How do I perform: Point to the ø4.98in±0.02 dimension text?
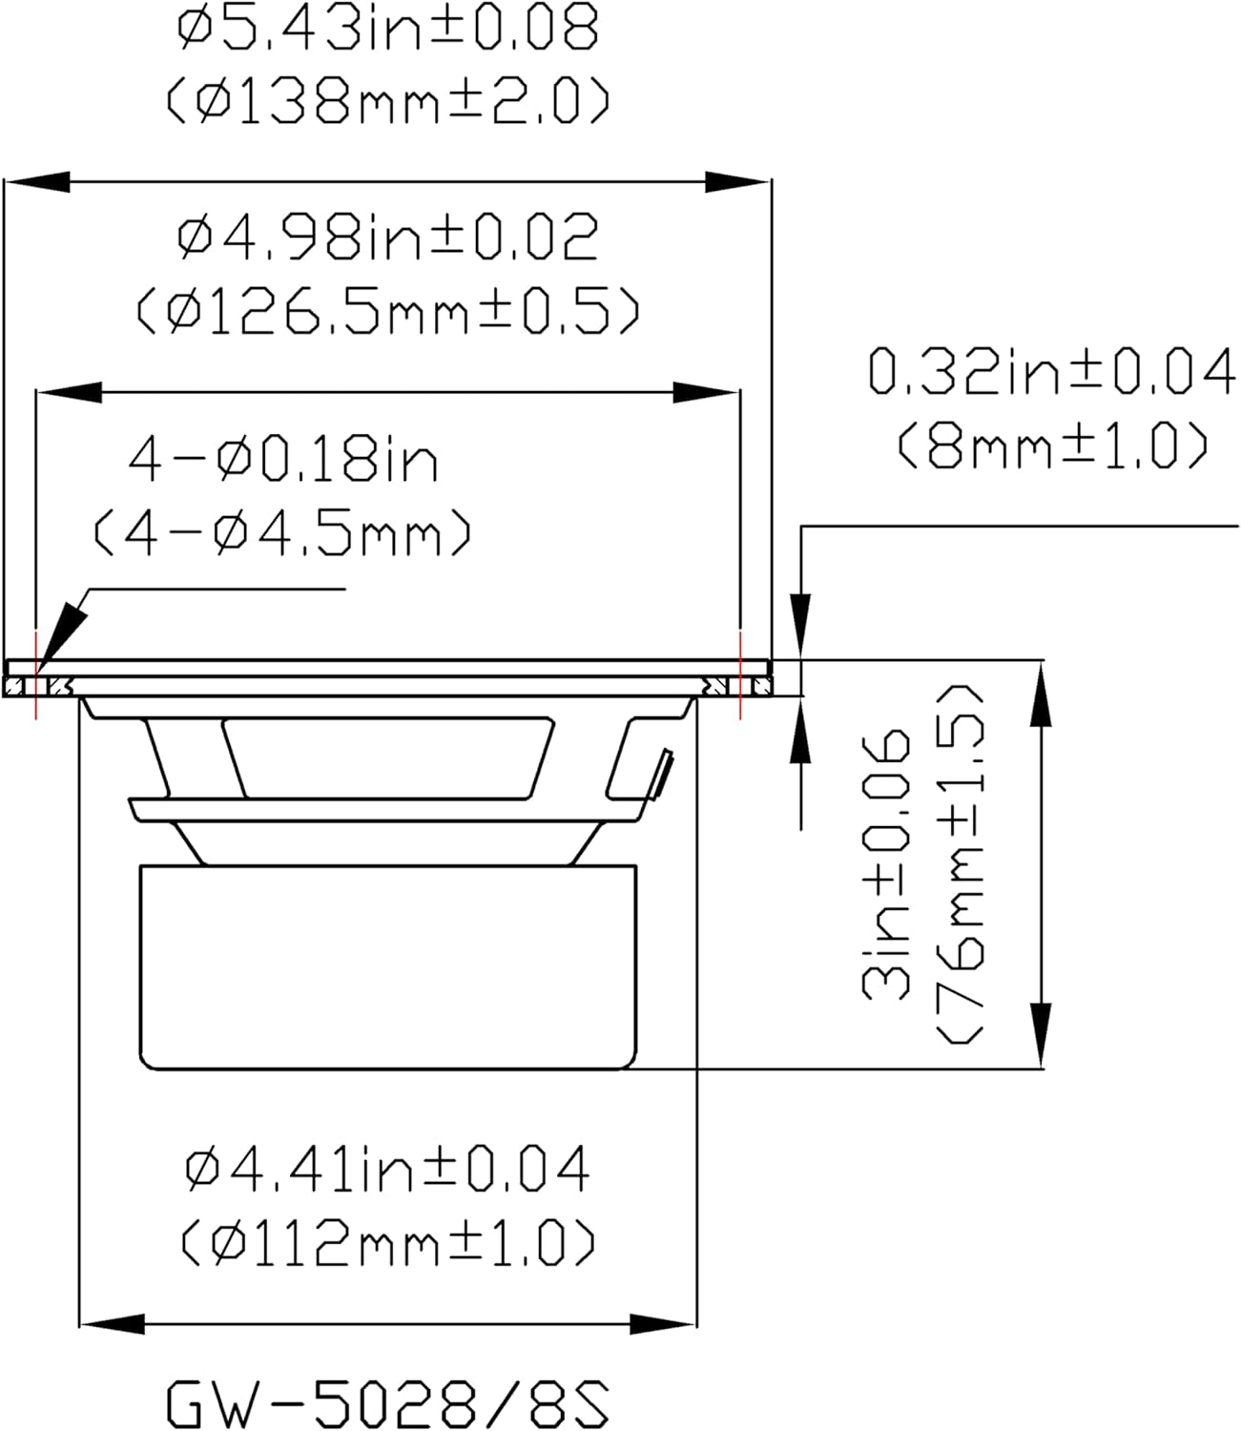pos(388,238)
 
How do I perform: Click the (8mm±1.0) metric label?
pos(1053,445)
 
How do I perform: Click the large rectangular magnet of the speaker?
pos(387,965)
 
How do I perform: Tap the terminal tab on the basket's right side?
pos(661,775)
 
